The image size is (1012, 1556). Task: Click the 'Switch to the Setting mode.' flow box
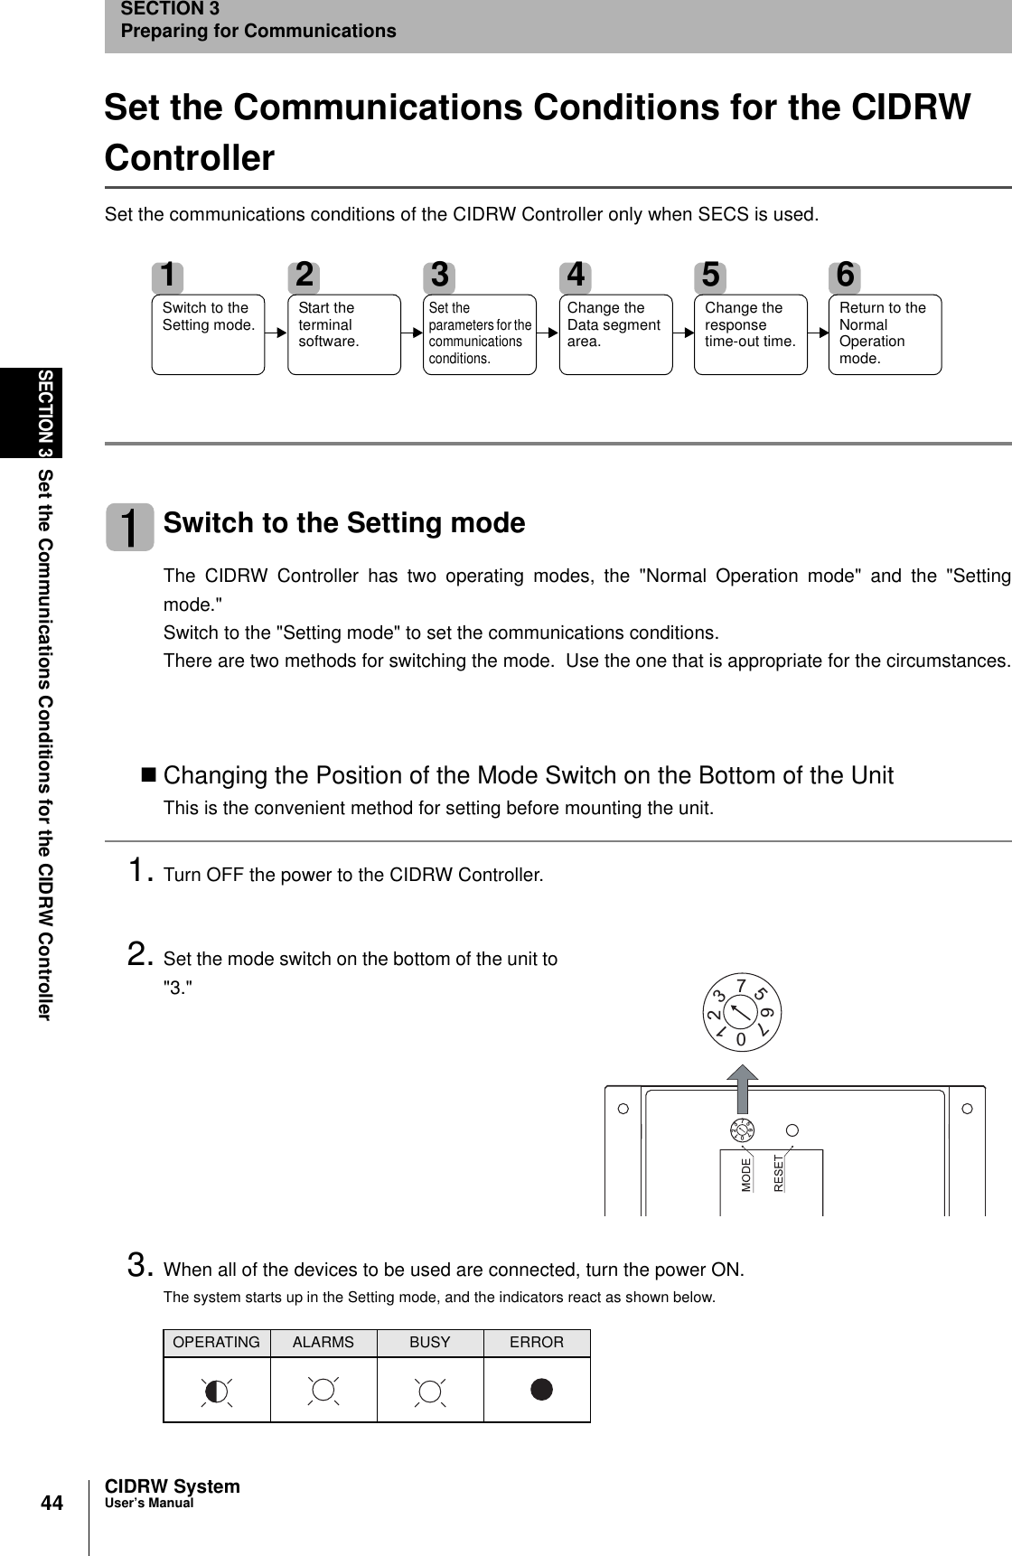[208, 333]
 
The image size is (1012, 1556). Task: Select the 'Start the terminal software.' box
[343, 333]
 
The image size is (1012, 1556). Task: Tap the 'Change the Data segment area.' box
[615, 333]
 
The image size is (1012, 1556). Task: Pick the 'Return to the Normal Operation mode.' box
[885, 333]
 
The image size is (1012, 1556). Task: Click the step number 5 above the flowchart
[712, 274]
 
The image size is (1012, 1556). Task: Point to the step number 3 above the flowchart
[440, 274]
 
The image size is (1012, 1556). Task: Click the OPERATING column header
[216, 1343]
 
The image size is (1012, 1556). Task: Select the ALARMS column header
[323, 1343]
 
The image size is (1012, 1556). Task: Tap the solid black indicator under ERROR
[541, 1390]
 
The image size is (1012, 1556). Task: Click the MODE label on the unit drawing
[746, 1174]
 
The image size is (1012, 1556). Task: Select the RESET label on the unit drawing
[779, 1174]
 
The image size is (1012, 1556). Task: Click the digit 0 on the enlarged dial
[741, 1040]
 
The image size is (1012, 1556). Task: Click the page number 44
[52, 1504]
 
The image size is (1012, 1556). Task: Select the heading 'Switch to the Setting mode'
[343, 523]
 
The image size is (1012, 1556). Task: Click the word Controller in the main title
[190, 158]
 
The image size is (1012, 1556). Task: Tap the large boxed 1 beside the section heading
[130, 527]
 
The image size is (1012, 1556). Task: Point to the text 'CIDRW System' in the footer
[173, 1486]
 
